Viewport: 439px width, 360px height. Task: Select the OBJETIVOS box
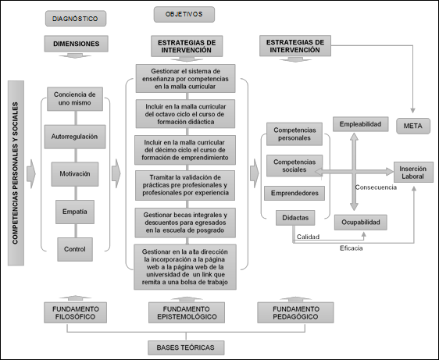(x=183, y=14)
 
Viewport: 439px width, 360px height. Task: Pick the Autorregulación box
(x=75, y=136)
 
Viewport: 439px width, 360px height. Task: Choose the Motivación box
(x=75, y=173)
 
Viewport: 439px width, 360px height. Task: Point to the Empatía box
(x=75, y=211)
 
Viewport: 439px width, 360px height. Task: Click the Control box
(x=75, y=248)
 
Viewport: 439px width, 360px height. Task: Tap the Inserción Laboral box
(x=412, y=173)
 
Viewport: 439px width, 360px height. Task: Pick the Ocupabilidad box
(x=360, y=223)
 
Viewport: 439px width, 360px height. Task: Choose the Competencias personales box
(x=293, y=134)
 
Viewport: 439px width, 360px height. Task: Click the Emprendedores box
(x=293, y=193)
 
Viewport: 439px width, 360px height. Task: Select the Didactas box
(x=293, y=217)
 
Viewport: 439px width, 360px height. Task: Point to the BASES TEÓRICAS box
(x=184, y=346)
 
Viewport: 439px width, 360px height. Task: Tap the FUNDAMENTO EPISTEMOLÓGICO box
(x=184, y=312)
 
